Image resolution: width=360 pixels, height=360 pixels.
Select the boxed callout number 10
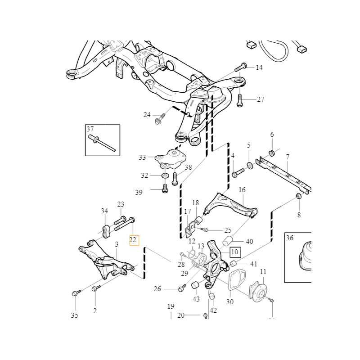pyautogui.click(x=234, y=252)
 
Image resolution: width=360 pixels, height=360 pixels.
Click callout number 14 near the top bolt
pyautogui.click(x=259, y=67)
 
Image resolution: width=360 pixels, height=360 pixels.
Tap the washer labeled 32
pyautogui.click(x=165, y=175)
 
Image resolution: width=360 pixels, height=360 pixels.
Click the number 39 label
pyautogui.click(x=139, y=192)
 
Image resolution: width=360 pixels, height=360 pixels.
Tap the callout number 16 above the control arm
pyautogui.click(x=242, y=190)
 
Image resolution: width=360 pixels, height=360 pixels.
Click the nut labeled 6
pyautogui.click(x=272, y=152)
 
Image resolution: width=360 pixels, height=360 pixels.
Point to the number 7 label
pyautogui.click(x=288, y=157)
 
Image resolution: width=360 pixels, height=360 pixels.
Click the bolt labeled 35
pyautogui.click(x=75, y=293)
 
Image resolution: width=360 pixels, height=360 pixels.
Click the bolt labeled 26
pyautogui.click(x=181, y=288)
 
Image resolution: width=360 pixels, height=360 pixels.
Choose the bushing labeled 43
pyautogui.click(x=196, y=285)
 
